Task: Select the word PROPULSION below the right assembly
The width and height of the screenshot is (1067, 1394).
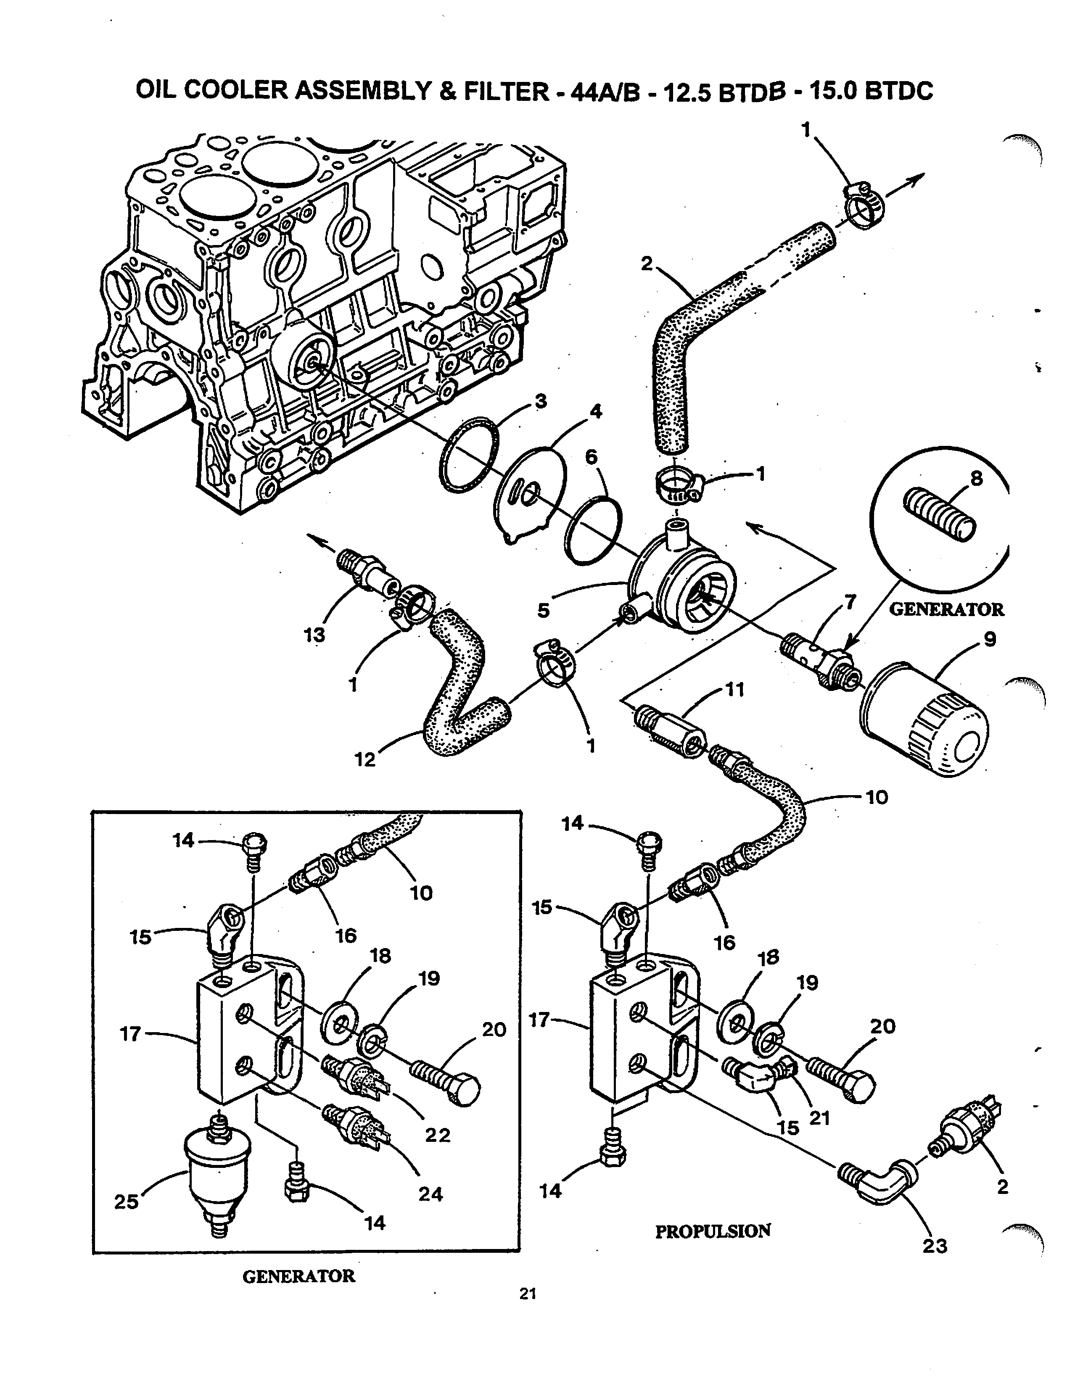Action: coord(713,1231)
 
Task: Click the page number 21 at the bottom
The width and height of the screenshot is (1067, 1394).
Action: coord(528,1294)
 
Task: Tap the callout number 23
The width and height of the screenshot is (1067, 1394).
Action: coord(935,1246)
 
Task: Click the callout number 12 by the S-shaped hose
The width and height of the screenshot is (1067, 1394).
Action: coord(365,759)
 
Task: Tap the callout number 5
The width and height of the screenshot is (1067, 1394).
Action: coord(544,611)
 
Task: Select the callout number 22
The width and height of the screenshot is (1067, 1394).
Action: coord(438,1134)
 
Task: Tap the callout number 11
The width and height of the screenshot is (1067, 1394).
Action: coord(735,689)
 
